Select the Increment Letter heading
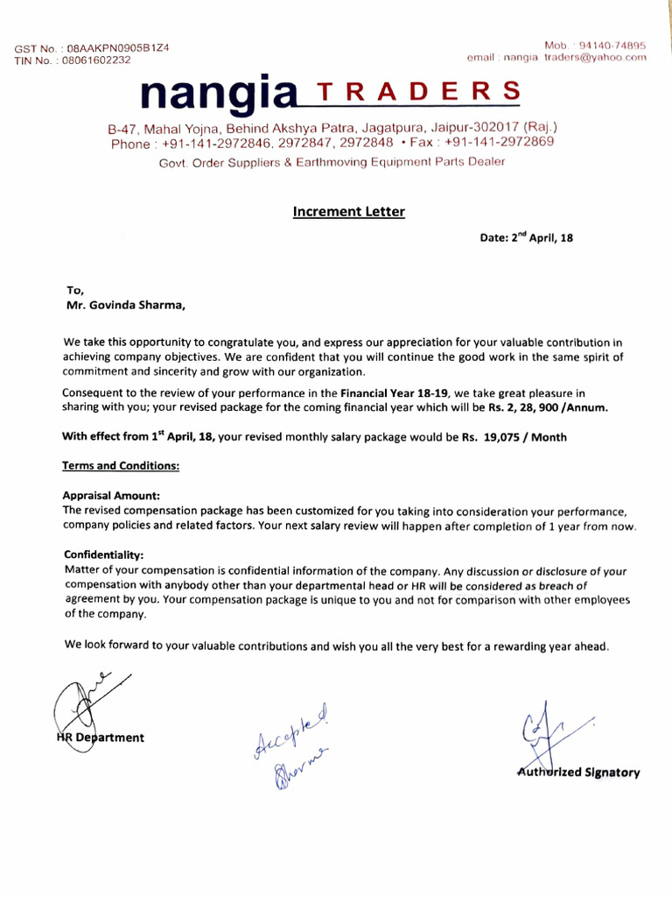click(348, 211)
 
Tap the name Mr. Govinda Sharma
click(126, 306)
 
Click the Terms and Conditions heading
click(121, 466)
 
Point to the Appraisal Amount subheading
click(111, 495)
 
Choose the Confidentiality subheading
click(104, 555)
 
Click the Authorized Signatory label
click(578, 773)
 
